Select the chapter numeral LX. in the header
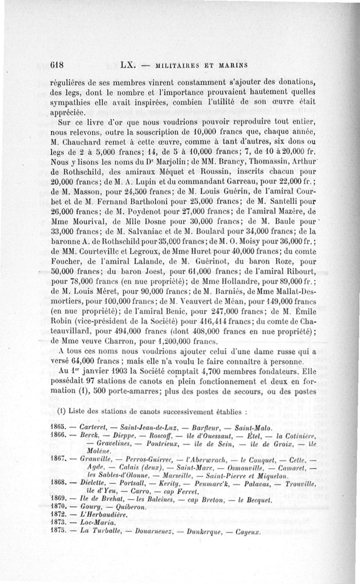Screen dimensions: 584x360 [x=128, y=64]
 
